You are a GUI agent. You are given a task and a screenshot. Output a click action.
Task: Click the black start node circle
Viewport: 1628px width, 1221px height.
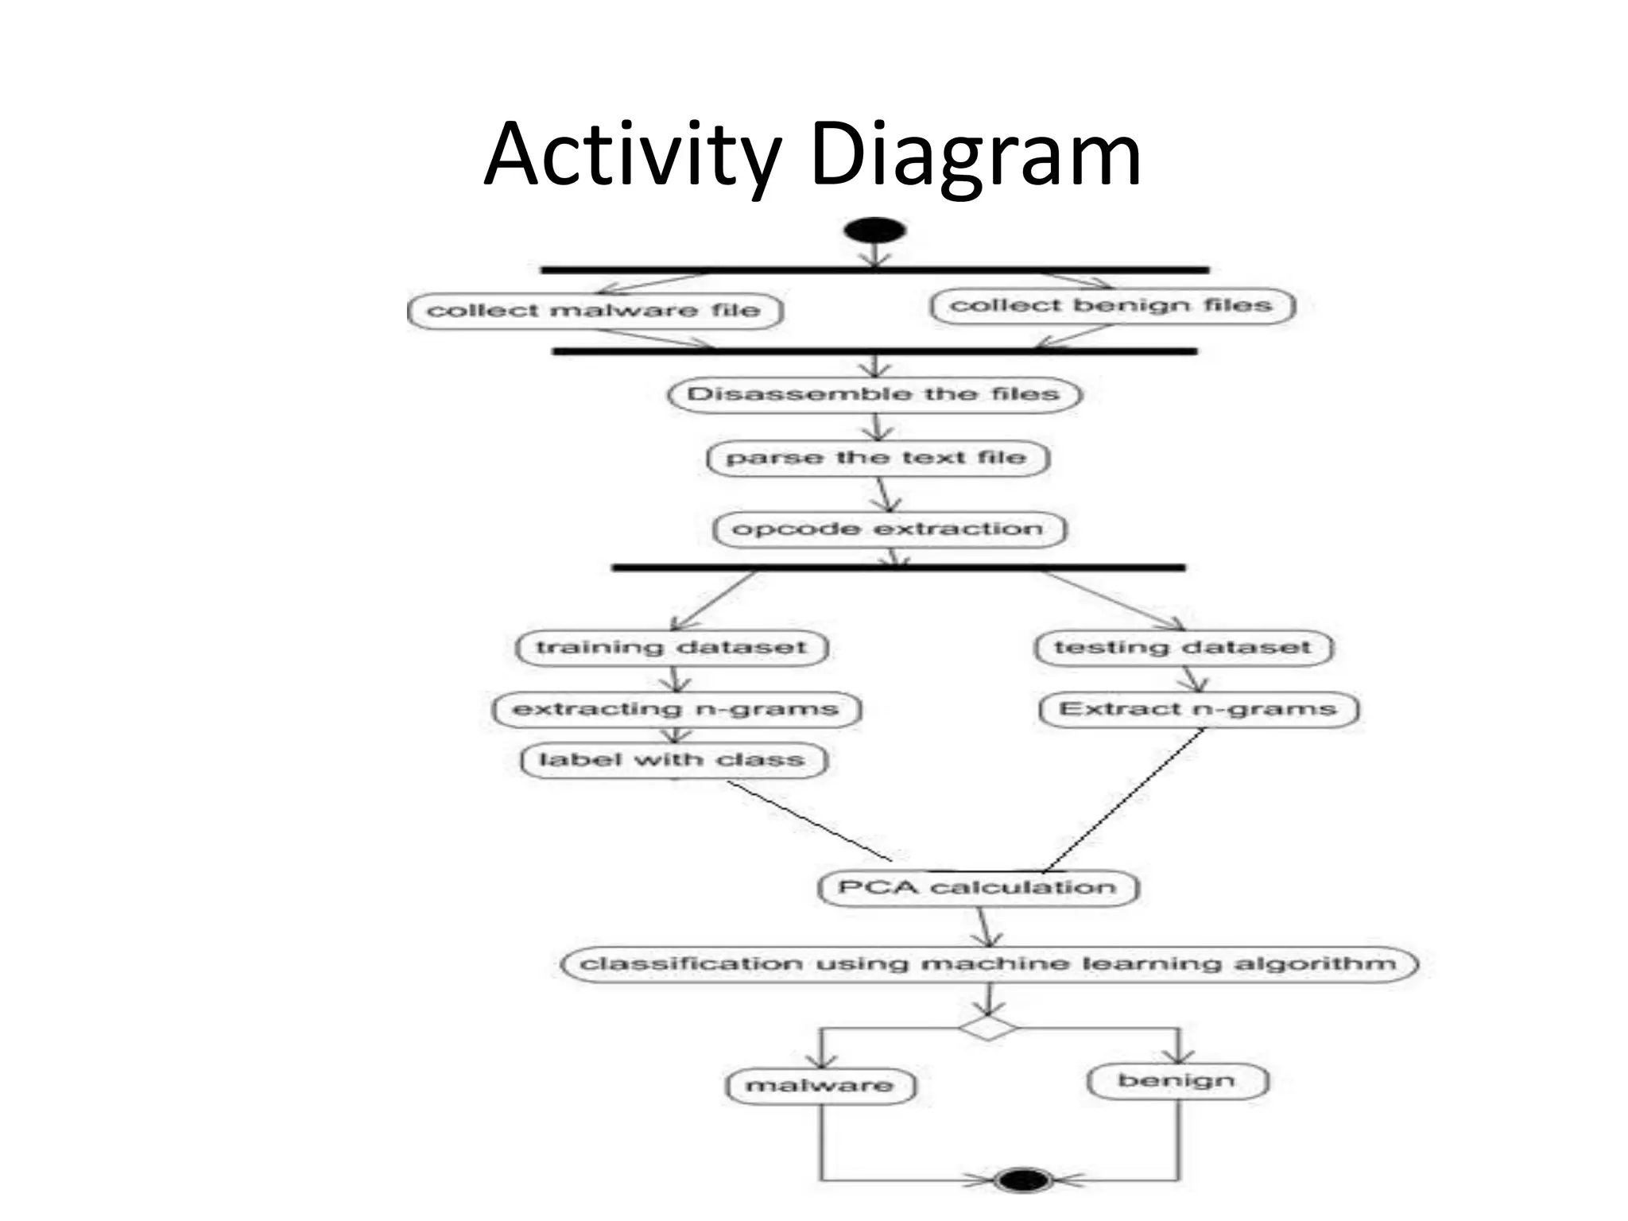click(x=874, y=231)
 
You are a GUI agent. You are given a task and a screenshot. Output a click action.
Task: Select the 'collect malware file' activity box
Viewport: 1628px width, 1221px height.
click(x=595, y=310)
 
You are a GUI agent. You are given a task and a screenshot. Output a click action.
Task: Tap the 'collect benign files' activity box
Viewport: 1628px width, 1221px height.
click(x=1112, y=305)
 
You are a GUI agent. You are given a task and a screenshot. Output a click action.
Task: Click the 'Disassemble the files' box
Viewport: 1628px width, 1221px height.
click(x=874, y=394)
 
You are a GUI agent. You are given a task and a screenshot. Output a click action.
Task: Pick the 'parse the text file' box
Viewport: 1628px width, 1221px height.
click(x=878, y=458)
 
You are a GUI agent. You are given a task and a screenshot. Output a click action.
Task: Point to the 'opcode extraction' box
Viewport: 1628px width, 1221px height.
click(x=889, y=529)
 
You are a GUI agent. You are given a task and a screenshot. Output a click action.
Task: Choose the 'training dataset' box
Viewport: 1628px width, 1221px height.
click(x=672, y=647)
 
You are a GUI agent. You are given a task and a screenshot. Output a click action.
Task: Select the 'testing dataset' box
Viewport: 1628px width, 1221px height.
click(x=1183, y=647)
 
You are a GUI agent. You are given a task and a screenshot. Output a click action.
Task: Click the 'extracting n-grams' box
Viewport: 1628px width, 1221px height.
click(x=676, y=709)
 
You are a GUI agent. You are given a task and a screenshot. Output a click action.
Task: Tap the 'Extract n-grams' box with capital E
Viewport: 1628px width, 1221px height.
click(x=1199, y=709)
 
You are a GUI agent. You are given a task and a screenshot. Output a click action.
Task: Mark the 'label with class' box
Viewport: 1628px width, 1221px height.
click(x=673, y=760)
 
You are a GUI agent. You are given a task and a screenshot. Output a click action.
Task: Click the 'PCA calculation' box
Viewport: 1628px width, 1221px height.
click(x=978, y=887)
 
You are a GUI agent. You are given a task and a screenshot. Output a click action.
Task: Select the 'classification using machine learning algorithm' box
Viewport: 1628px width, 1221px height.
click(x=989, y=964)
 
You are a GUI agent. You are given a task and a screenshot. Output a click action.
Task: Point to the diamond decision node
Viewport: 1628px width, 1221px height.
click(x=988, y=1027)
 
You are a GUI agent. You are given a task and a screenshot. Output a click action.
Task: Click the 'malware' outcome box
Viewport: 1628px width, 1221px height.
click(x=820, y=1086)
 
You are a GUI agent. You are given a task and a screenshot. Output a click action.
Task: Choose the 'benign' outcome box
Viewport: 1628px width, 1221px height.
click(x=1177, y=1081)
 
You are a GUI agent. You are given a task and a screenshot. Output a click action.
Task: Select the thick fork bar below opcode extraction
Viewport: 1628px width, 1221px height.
click(x=898, y=568)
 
